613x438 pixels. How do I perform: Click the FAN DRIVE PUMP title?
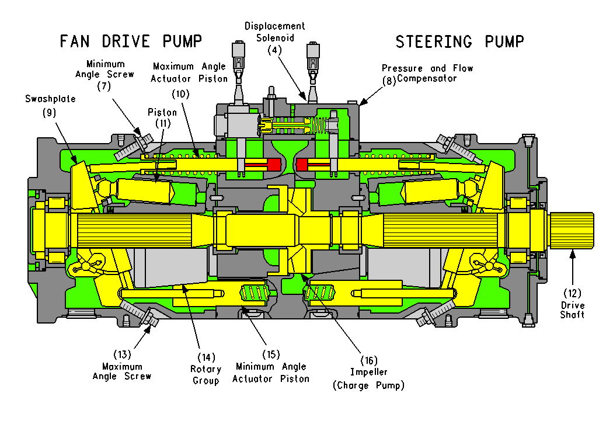[131, 41]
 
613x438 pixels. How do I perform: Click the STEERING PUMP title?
[459, 41]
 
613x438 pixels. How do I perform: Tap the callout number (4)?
[274, 50]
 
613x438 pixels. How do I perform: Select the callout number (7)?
[103, 86]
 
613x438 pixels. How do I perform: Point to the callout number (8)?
[389, 81]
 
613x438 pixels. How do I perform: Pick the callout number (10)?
[181, 93]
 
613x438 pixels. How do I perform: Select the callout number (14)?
[206, 356]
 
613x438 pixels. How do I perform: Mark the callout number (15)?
[270, 354]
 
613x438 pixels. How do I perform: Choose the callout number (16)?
[368, 360]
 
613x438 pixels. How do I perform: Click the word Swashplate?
[50, 99]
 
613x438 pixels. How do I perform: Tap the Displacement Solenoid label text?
[274, 32]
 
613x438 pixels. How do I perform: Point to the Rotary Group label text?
[206, 375]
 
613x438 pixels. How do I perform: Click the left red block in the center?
[273, 165]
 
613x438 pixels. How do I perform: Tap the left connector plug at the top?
[238, 56]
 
